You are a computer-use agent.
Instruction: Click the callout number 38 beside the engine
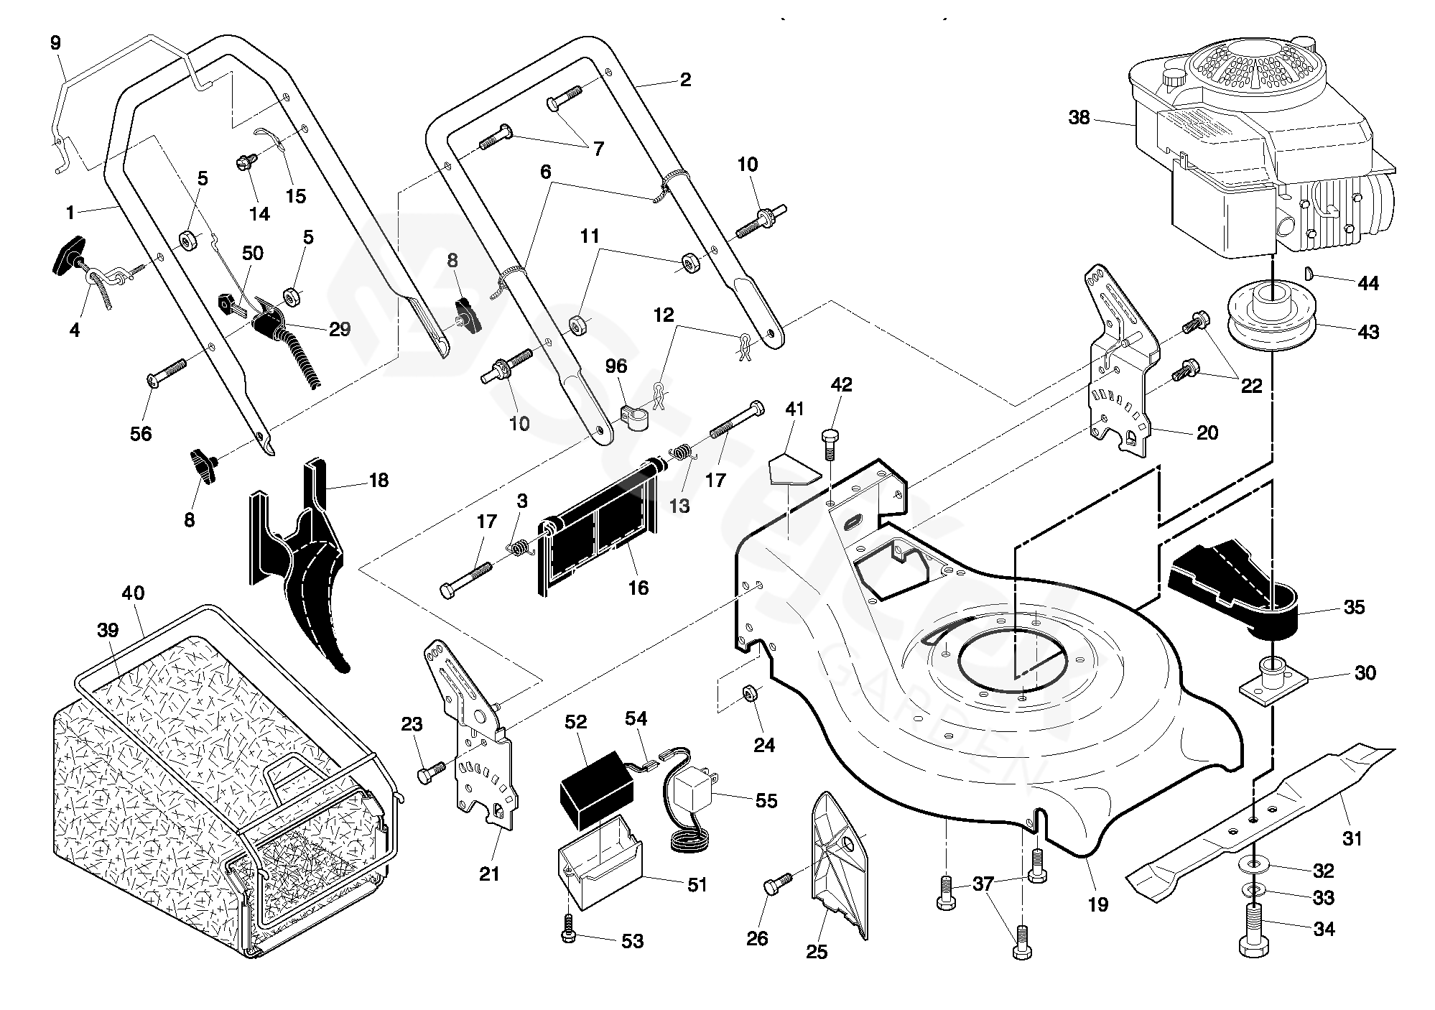click(1079, 118)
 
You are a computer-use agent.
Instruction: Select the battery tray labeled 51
click(600, 868)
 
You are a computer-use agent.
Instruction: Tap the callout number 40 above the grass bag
click(133, 593)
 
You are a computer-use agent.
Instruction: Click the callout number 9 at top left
click(56, 42)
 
